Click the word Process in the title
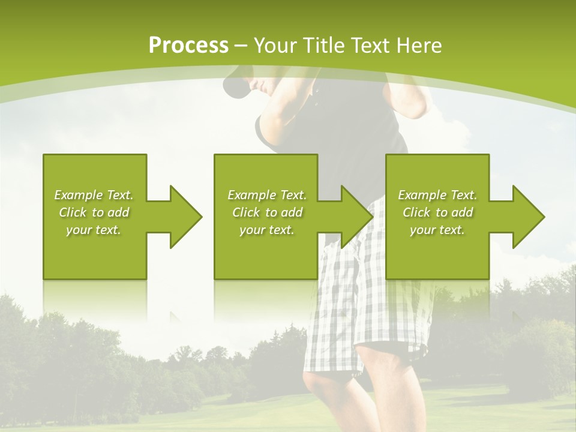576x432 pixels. click(188, 45)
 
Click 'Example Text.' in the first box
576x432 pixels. click(94, 195)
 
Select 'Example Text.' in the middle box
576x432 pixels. click(266, 195)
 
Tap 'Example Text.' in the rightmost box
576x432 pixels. click(437, 195)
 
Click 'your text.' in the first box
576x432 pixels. click(94, 230)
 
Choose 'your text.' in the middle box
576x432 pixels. click(266, 230)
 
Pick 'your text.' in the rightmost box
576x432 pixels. click(437, 230)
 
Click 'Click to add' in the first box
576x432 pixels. click(94, 212)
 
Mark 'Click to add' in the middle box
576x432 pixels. click(266, 212)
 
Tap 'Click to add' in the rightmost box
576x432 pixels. click(437, 212)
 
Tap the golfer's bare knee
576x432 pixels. click(324, 390)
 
